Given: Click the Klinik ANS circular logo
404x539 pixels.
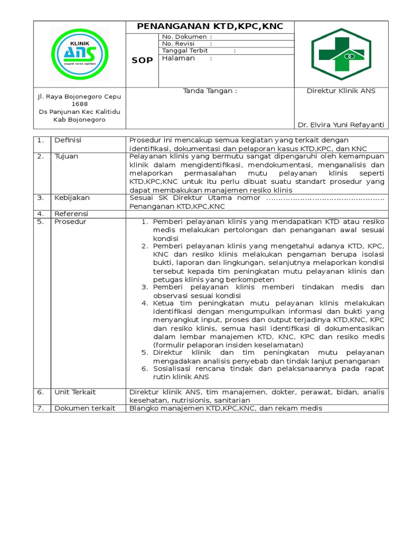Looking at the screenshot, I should coord(80,54).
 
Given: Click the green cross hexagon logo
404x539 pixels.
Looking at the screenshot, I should coord(341,54).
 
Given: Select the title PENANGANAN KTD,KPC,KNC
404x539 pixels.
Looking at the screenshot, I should coord(210,26).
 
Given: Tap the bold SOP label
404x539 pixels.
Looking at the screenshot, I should coord(142,60).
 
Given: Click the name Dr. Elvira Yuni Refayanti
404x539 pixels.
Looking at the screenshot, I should coord(341,125).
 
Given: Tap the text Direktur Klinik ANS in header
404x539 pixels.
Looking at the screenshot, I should coord(341,91).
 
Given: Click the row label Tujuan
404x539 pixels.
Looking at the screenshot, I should coord(66,156).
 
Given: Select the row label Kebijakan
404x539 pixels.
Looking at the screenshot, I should coord(72,198).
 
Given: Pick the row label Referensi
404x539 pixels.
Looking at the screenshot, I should coord(72,214).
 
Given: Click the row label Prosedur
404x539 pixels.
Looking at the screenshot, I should coord(70,222).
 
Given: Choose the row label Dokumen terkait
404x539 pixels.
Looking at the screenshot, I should coord(84,408).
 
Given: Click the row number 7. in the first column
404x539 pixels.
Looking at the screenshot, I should coord(40,408).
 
